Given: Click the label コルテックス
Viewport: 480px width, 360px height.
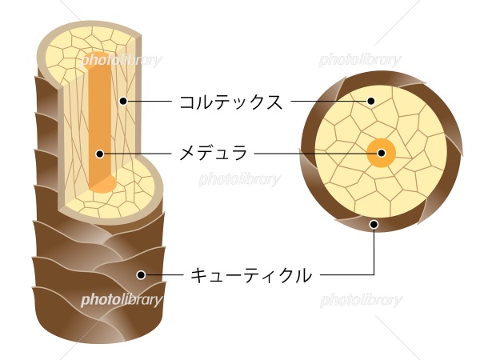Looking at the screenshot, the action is [231, 102].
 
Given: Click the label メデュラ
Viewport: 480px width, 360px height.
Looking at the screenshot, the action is [213, 153].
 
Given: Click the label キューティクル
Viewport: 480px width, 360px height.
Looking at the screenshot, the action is [251, 275].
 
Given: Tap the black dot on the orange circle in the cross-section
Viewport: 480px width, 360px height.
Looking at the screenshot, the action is [381, 153].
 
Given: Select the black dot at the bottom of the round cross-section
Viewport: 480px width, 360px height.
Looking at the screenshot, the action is [374, 224].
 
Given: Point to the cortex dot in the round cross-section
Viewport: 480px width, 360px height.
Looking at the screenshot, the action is [371, 101].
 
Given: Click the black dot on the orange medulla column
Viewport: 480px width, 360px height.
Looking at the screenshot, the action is [100, 154].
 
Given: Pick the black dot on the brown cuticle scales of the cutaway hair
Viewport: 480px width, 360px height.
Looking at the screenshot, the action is [141, 274].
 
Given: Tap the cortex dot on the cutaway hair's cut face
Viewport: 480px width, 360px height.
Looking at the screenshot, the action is [123, 101].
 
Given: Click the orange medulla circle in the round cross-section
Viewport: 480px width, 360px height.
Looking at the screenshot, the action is [381, 153].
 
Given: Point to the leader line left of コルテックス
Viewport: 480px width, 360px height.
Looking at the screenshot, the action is [150, 101].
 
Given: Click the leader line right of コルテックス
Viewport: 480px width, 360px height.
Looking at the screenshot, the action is [329, 101].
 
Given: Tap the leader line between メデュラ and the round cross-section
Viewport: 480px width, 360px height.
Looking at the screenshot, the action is [316, 153].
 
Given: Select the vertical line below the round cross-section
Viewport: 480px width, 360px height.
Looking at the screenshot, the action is [374, 251].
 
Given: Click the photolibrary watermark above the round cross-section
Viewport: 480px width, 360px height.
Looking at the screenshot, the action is [360, 60].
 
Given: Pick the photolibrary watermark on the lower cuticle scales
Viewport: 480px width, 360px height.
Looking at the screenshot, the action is [122, 300].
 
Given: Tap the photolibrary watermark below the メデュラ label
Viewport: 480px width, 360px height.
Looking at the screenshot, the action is [240, 179].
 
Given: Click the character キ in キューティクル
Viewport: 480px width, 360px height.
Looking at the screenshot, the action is [199, 275].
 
